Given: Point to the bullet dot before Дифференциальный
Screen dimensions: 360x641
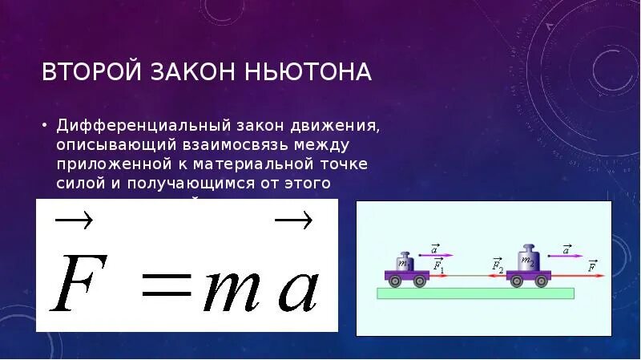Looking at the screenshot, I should click(x=45, y=127).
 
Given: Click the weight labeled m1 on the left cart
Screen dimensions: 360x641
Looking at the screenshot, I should click(x=405, y=261).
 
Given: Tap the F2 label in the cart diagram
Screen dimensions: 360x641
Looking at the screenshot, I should click(x=497, y=263).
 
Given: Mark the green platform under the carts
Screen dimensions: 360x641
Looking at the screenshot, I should click(x=476, y=292).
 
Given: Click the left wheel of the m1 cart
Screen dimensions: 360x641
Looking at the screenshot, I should click(x=394, y=281).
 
